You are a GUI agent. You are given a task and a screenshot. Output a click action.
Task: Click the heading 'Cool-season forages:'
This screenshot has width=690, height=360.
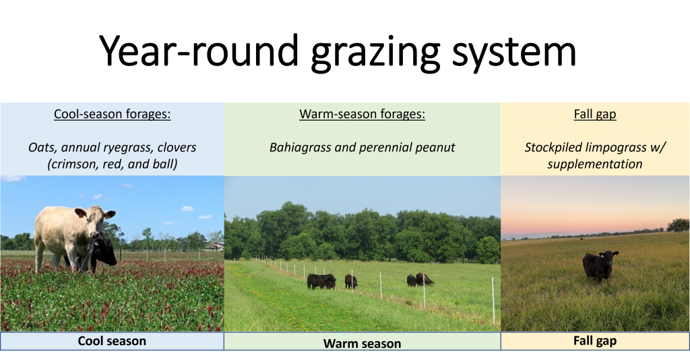point(112,114)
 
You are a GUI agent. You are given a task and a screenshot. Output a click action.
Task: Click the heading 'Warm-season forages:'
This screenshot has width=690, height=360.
point(362,114)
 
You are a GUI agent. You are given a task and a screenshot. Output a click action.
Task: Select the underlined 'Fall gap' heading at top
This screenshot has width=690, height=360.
point(595,114)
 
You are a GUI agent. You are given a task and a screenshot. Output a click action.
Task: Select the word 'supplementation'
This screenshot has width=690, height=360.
point(595,164)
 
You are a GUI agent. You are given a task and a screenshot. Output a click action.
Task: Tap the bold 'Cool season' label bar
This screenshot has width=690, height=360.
point(112,341)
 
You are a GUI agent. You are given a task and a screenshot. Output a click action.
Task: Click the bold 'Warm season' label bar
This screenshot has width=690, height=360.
point(362,343)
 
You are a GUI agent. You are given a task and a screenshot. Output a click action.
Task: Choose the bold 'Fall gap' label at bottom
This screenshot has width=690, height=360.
point(595,341)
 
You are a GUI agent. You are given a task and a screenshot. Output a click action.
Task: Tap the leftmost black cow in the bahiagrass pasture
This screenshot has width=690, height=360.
point(321,280)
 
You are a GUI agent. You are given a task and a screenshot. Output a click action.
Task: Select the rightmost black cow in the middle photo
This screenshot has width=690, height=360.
point(425,278)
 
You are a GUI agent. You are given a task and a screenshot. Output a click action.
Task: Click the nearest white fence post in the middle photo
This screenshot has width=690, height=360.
point(493,300)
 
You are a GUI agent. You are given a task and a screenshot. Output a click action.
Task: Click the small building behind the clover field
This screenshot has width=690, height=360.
point(215,246)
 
